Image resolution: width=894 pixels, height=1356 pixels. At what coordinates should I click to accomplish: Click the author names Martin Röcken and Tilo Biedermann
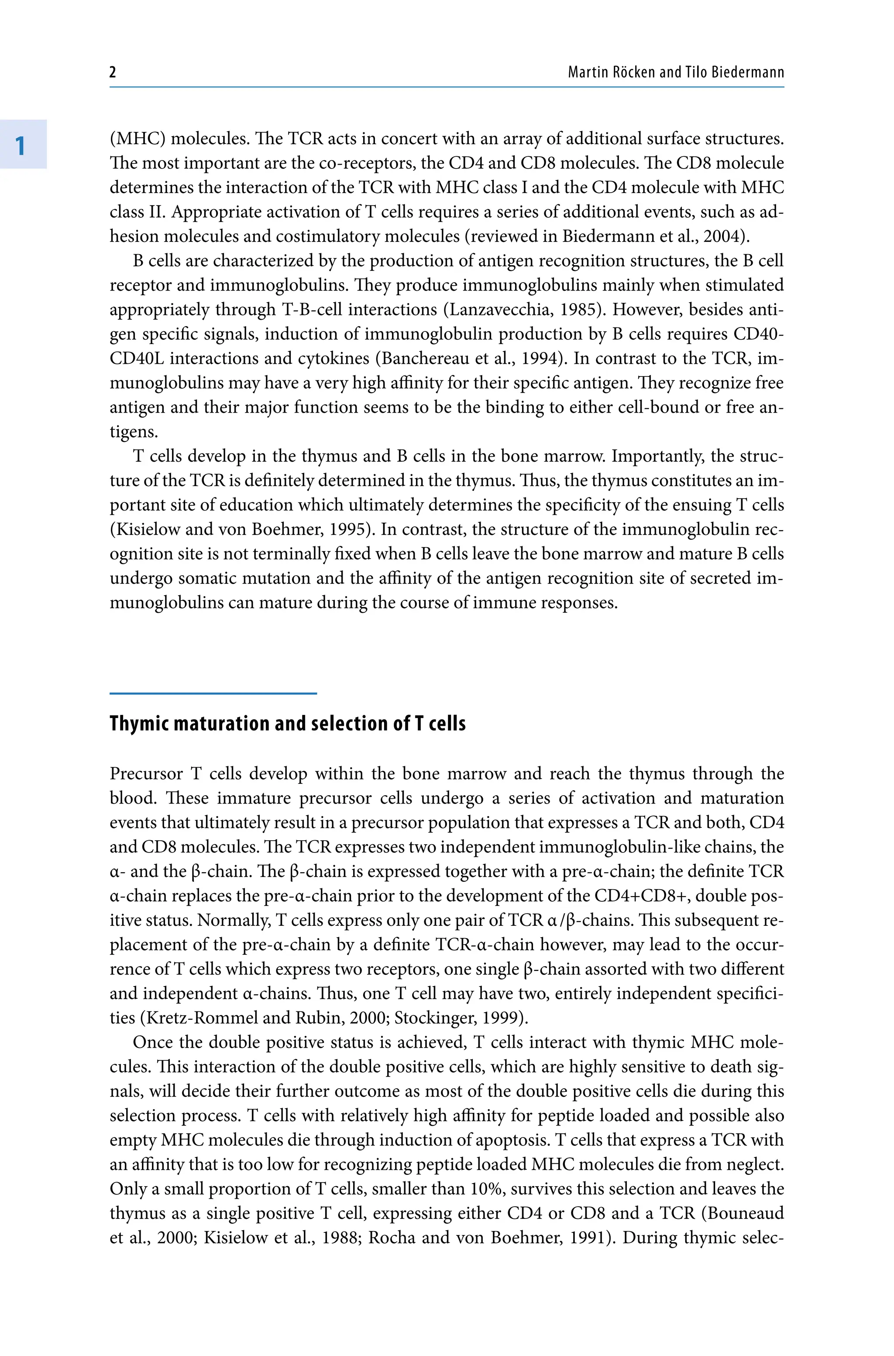(676, 72)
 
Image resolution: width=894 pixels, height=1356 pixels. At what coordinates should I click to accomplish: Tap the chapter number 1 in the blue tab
(21, 145)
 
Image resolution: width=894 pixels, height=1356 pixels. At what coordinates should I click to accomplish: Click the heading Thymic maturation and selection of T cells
(287, 724)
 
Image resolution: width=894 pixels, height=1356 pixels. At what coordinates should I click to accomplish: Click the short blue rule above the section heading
(213, 694)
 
